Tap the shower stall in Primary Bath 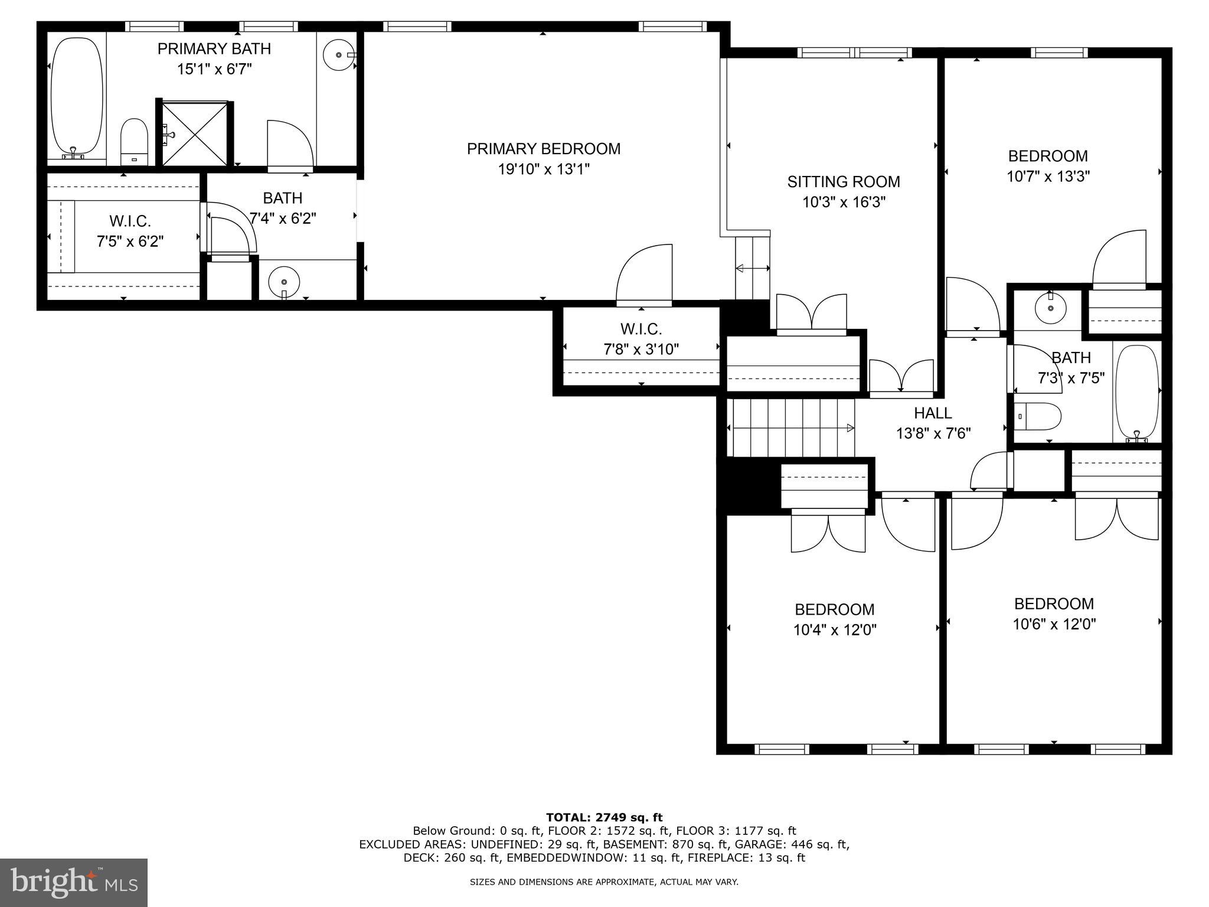194,134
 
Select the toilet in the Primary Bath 134,142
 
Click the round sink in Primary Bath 339,55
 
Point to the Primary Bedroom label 543,149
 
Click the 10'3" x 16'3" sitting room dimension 844,203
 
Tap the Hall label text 933,413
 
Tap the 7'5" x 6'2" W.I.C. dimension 130,242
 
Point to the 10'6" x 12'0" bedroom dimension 1054,624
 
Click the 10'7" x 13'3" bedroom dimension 1047,177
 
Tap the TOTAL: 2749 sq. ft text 604,818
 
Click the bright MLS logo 74,883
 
